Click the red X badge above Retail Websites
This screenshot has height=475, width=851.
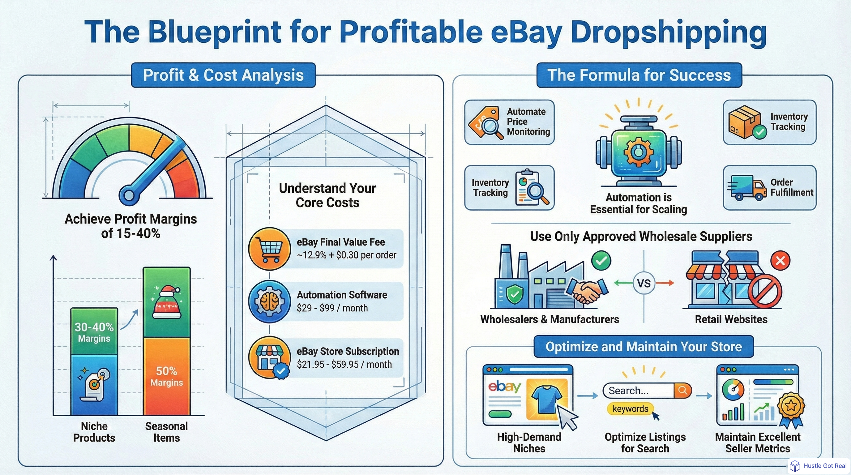pyautogui.click(x=780, y=261)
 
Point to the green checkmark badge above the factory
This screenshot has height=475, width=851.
pyautogui.click(x=601, y=260)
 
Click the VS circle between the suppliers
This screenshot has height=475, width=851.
pyautogui.click(x=644, y=283)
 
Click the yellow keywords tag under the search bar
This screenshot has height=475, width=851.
pyautogui.click(x=630, y=409)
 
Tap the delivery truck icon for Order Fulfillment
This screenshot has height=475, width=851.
pyautogui.click(x=747, y=188)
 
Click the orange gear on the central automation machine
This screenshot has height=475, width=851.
pyautogui.click(x=638, y=152)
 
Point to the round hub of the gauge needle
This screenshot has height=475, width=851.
pyautogui.click(x=129, y=195)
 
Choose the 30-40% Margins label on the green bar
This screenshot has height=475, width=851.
pyautogui.click(x=94, y=332)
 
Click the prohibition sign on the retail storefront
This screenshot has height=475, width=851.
pyautogui.click(x=765, y=291)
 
